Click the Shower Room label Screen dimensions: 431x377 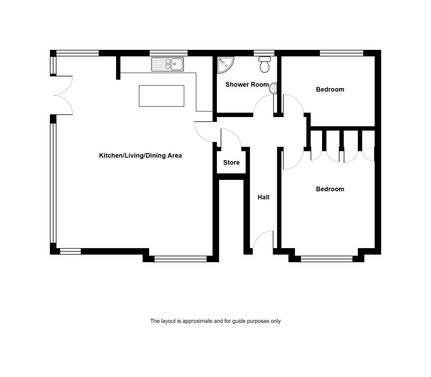[247, 84]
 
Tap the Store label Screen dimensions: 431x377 [231, 163]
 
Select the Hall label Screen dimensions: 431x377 [263, 197]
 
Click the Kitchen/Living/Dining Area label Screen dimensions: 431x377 [140, 156]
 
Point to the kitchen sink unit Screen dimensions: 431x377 [167, 64]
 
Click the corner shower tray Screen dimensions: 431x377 [225, 65]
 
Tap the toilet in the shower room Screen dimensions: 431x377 [264, 64]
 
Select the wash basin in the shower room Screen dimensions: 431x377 [273, 88]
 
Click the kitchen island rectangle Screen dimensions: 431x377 [162, 96]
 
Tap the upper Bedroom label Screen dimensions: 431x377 [330, 89]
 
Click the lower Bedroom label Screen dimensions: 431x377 [330, 189]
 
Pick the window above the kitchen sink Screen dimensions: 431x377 [169, 53]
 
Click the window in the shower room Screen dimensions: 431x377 [264, 53]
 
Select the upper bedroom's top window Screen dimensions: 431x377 [342, 53]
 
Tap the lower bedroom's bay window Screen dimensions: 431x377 [327, 259]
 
